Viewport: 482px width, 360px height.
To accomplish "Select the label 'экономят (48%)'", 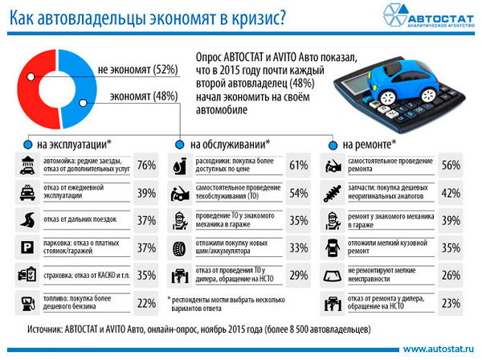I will (x=143, y=96).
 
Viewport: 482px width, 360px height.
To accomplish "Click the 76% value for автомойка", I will (x=146, y=166).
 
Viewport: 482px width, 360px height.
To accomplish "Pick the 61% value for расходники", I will (x=299, y=166).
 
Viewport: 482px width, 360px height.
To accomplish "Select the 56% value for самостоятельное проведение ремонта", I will (x=451, y=166).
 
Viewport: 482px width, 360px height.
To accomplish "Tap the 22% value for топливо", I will (x=146, y=303).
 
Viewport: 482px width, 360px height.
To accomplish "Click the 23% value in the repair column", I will (x=451, y=303).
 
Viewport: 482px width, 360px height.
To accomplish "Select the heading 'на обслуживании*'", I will (x=230, y=145).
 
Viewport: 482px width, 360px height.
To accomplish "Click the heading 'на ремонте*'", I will (x=369, y=145).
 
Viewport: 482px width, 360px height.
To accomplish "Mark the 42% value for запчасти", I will (x=451, y=194).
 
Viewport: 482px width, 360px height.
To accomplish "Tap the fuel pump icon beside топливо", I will (x=25, y=303).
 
